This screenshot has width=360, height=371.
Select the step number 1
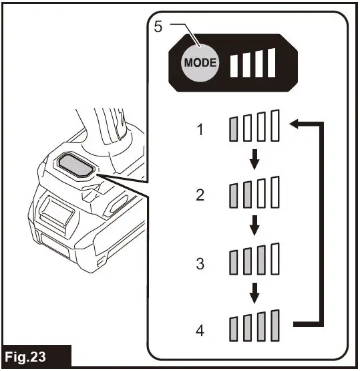200,129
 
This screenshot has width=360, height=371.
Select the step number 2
200,195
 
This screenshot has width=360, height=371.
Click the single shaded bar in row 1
234,128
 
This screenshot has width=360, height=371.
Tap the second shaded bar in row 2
247,195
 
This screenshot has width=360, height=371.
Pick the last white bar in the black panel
271,62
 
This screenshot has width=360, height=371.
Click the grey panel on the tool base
72,164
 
